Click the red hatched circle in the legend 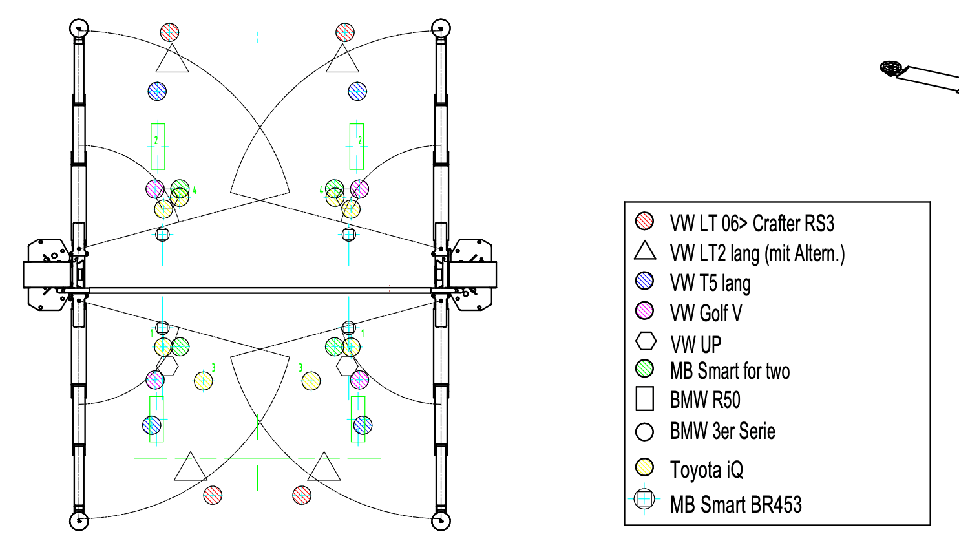pyautogui.click(x=644, y=221)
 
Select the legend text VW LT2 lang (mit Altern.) pyautogui.click(x=757, y=253)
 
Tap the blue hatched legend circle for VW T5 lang pyautogui.click(x=644, y=281)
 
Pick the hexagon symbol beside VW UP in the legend pyautogui.click(x=646, y=341)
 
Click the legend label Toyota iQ pyautogui.click(x=706, y=470)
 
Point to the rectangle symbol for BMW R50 pyautogui.click(x=644, y=399)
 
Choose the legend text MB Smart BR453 pyautogui.click(x=735, y=504)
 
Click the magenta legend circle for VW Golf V pyautogui.click(x=644, y=311)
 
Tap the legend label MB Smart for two pyautogui.click(x=730, y=371)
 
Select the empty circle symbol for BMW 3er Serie pyautogui.click(x=644, y=432)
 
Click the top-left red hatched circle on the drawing pyautogui.click(x=169, y=32)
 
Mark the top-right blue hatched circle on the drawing pyautogui.click(x=357, y=91)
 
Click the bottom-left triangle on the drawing pyautogui.click(x=191, y=466)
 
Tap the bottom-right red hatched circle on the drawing pyautogui.click(x=302, y=495)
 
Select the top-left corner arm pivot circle pyautogui.click(x=79, y=28)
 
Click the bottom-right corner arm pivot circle pyautogui.click(x=441, y=521)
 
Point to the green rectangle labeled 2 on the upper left pyautogui.click(x=158, y=147)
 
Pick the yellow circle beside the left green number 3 pyautogui.click(x=204, y=381)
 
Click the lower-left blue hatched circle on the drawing pyautogui.click(x=152, y=425)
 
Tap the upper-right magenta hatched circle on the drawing pyautogui.click(x=359, y=189)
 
